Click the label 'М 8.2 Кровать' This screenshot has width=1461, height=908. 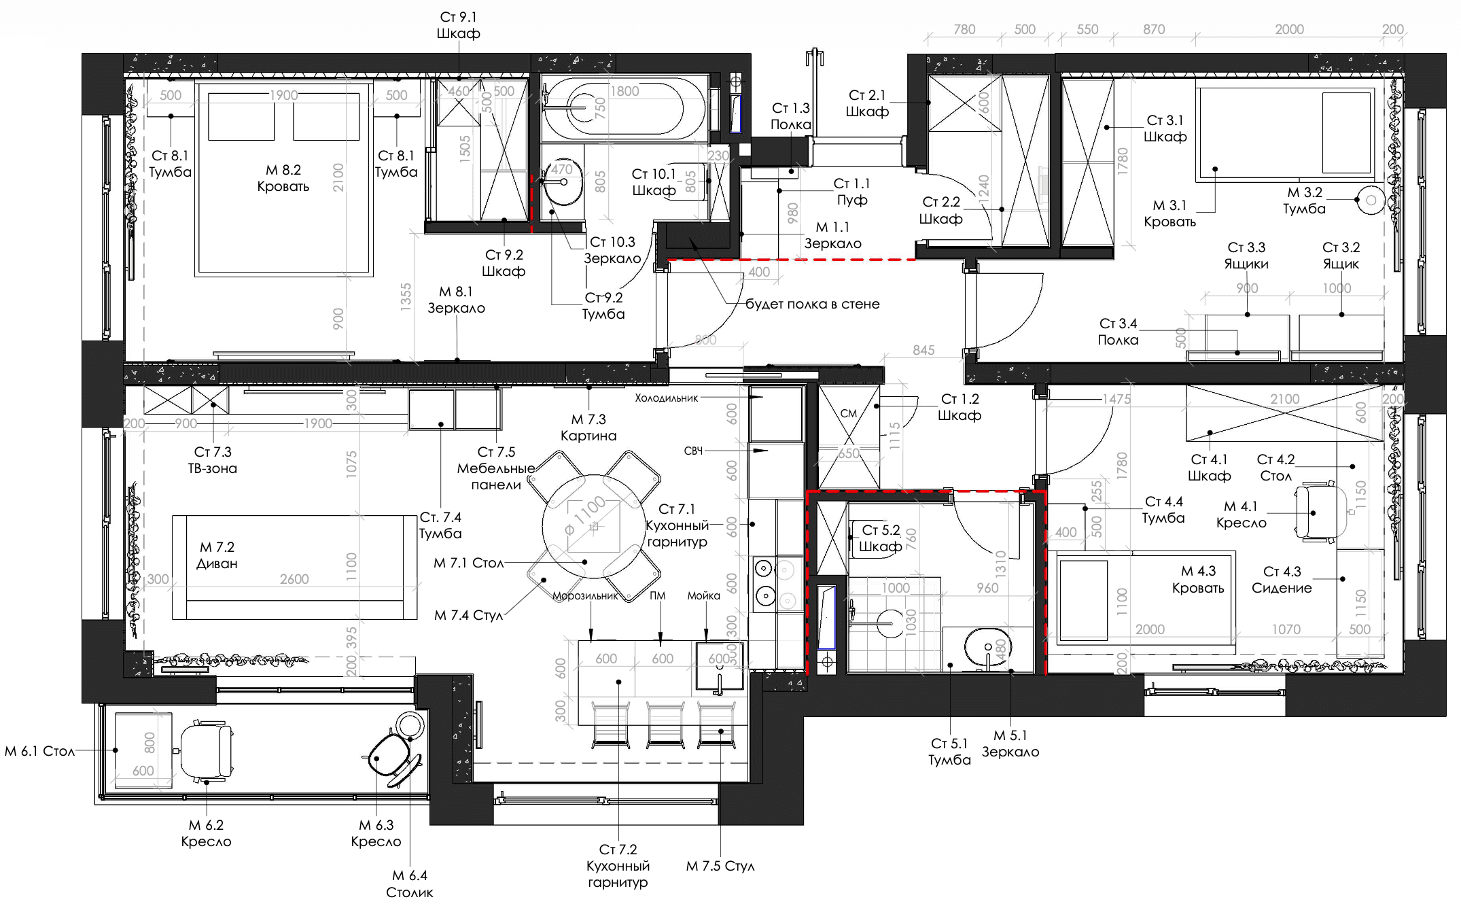[283, 178]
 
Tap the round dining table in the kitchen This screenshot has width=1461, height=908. [594, 526]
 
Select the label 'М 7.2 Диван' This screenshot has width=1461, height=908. [217, 555]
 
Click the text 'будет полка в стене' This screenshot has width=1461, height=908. [812, 304]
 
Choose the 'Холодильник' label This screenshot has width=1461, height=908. [666, 398]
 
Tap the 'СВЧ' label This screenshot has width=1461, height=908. [693, 451]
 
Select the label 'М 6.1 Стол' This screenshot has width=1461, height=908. [39, 751]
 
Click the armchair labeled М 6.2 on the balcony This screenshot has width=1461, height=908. [206, 750]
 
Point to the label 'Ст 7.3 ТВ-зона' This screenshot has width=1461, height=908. [213, 460]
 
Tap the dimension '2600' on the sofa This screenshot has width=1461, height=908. [294, 579]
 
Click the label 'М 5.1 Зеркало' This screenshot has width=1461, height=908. [1010, 744]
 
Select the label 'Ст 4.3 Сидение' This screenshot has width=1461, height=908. [1282, 580]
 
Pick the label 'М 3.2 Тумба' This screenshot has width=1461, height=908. [1304, 200]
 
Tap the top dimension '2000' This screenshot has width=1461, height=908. [1289, 29]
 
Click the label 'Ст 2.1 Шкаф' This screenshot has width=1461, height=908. [867, 103]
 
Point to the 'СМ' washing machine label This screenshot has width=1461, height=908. [849, 413]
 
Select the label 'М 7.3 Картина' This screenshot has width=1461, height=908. [588, 427]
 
